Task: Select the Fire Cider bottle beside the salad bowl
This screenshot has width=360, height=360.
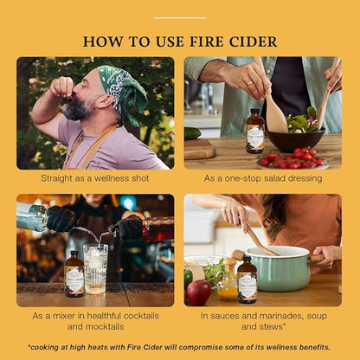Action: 254,132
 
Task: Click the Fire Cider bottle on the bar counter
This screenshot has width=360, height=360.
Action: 74,275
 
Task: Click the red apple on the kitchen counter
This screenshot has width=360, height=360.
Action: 199,292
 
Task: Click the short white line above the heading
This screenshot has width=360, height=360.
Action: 179,17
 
